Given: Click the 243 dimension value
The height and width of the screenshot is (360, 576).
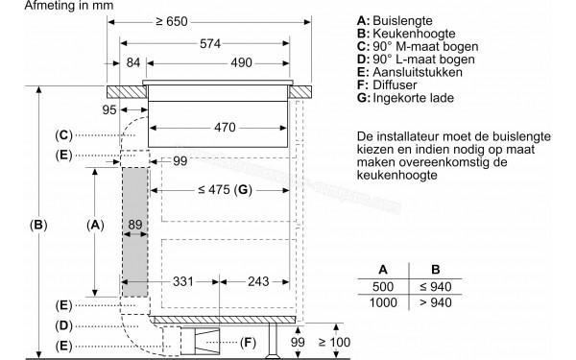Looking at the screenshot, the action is click(x=255, y=281).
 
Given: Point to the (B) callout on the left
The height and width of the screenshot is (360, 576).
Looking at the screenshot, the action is click(x=38, y=226).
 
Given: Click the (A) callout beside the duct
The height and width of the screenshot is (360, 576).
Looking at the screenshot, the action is click(x=94, y=225).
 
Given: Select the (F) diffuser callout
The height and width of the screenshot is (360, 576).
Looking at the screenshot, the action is click(x=247, y=342).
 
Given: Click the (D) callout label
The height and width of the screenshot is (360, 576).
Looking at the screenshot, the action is click(x=63, y=324).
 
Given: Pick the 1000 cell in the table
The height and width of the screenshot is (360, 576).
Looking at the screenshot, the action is click(x=385, y=302).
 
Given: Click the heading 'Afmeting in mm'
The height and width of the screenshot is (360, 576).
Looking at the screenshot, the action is click(x=49, y=7).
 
